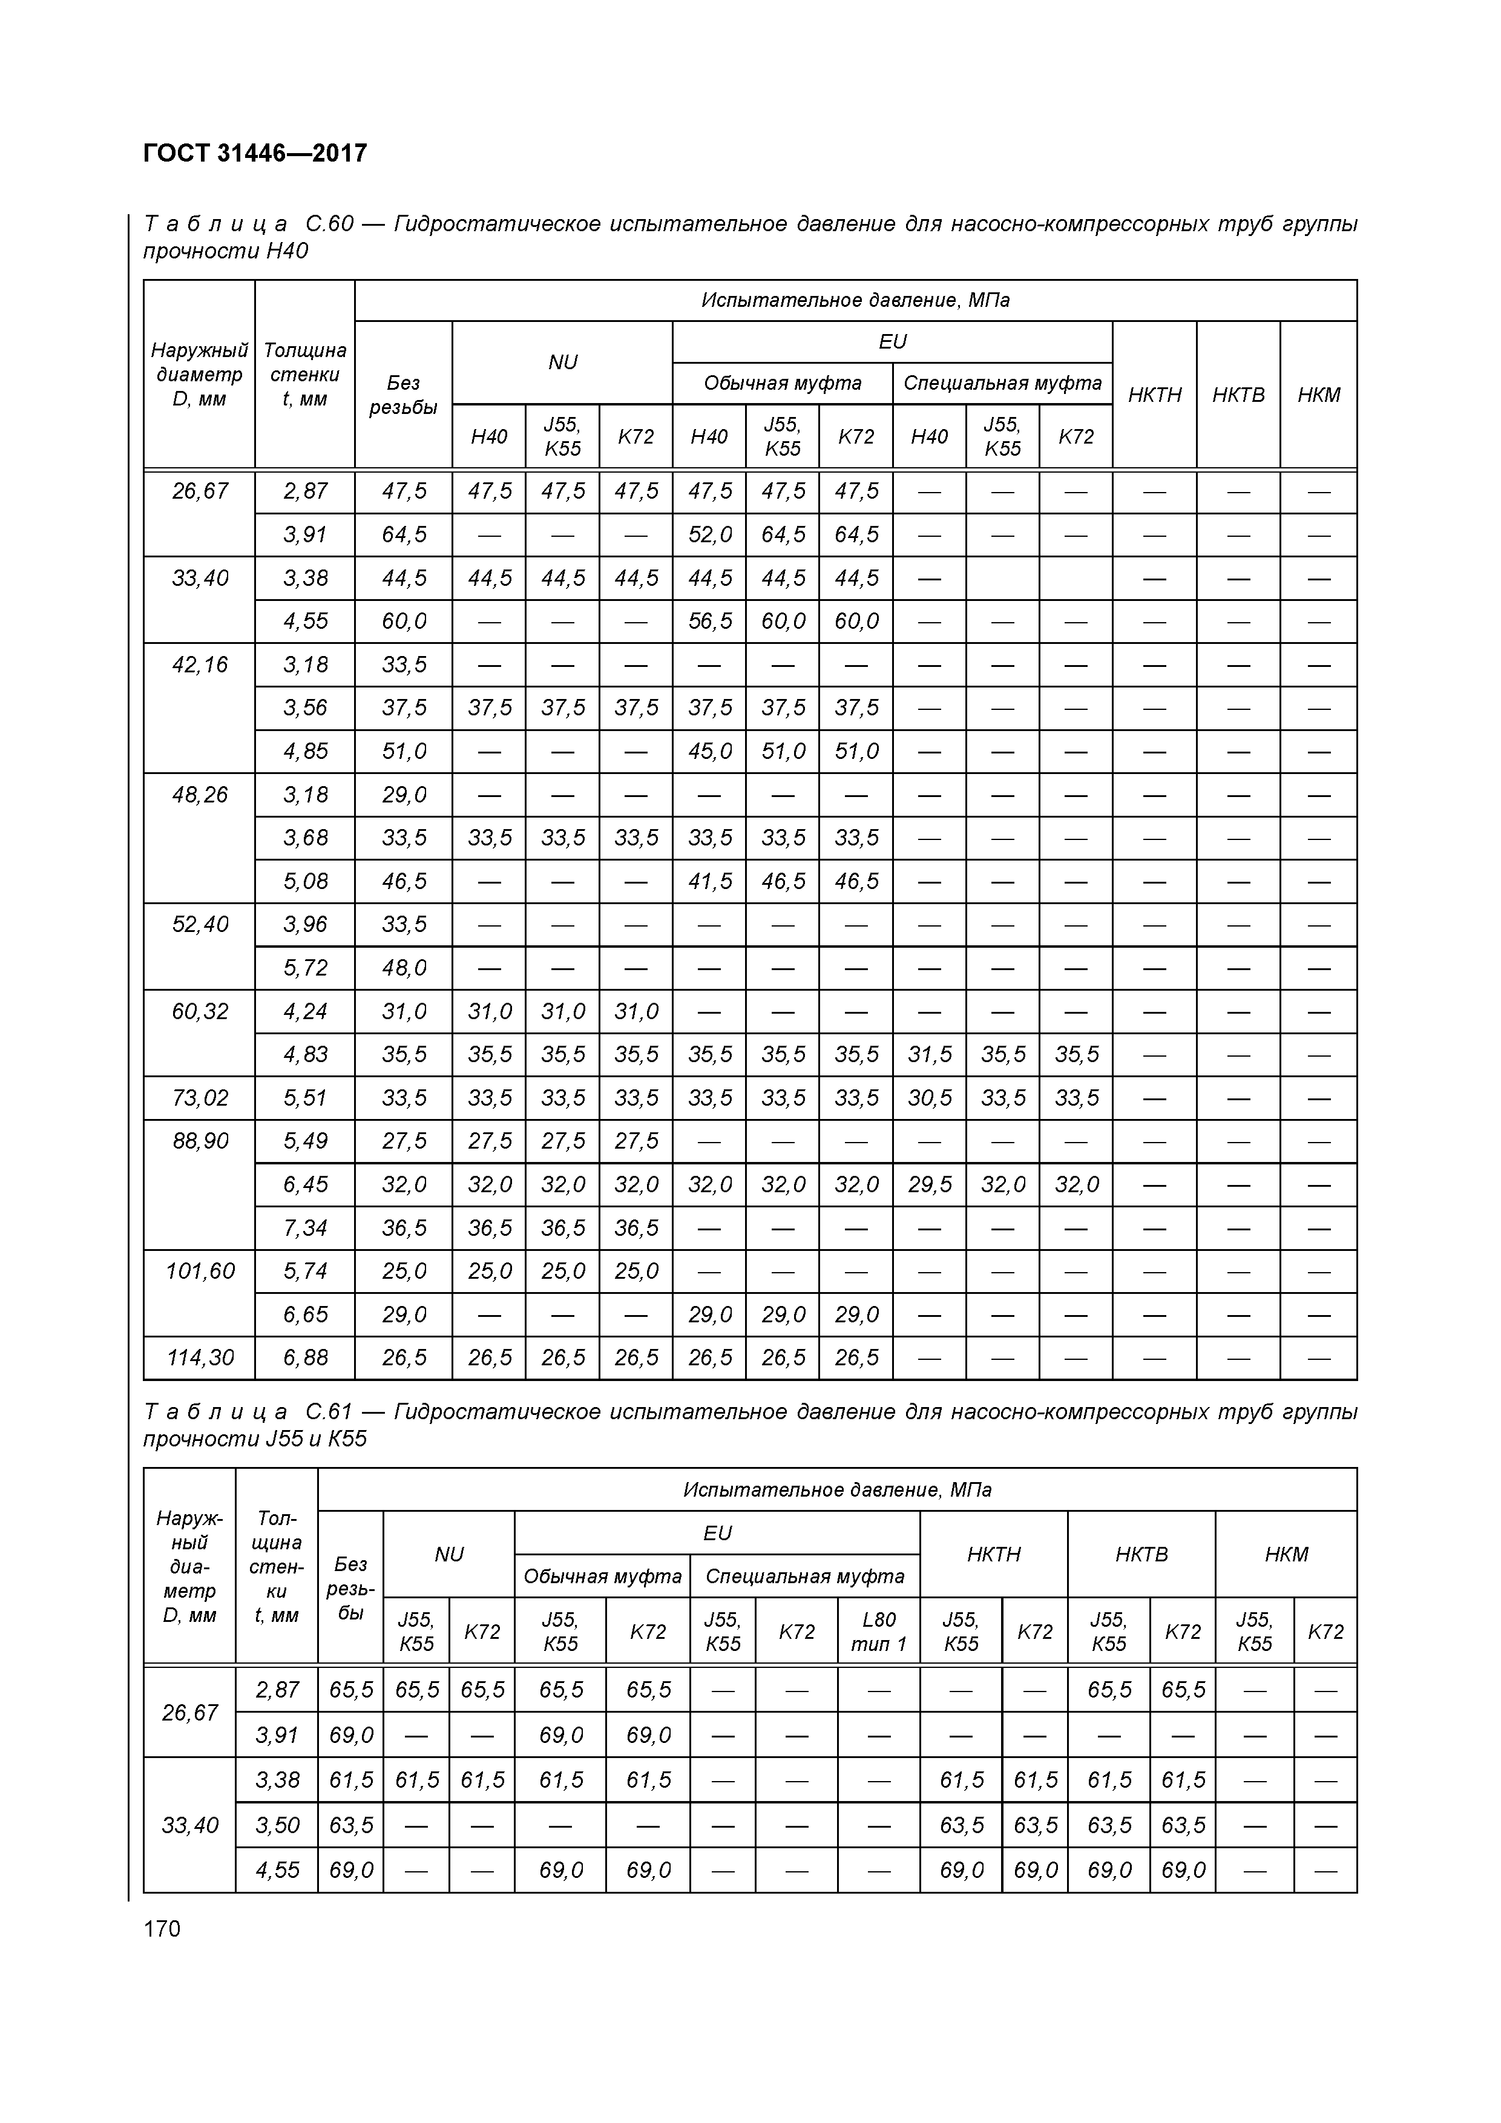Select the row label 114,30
[x=200, y=1358]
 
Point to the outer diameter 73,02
[x=200, y=1098]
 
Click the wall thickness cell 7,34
[x=305, y=1228]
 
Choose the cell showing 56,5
[x=709, y=622]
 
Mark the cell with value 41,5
[x=709, y=881]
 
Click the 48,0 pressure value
[x=404, y=968]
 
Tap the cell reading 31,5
[x=930, y=1055]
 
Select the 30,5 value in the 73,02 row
[x=930, y=1098]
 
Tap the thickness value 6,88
[x=305, y=1358]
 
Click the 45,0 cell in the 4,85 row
[x=709, y=752]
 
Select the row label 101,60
[x=200, y=1272]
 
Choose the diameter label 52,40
[x=200, y=925]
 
